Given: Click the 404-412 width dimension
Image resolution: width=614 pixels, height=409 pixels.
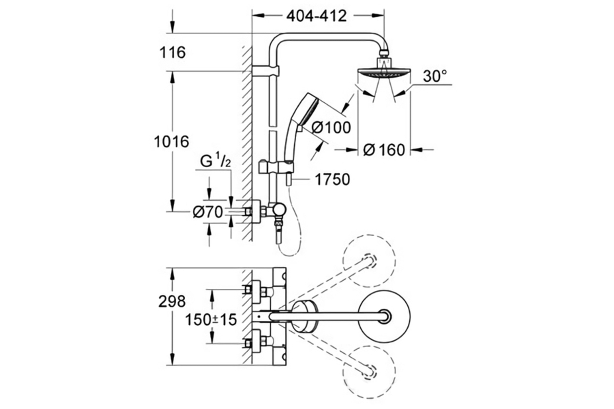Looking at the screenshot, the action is point(316,16).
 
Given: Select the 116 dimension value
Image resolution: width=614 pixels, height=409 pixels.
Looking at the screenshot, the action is point(172,52).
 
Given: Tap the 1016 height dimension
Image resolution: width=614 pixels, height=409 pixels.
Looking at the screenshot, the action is point(171,142).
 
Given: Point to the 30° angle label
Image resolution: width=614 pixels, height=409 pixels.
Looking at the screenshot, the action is point(435,76).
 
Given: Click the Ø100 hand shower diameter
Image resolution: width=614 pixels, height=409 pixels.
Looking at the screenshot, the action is point(331,127).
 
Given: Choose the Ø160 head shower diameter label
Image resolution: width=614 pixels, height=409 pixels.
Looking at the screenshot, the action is point(384,150).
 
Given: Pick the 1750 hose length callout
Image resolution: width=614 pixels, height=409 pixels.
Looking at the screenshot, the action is point(332,180).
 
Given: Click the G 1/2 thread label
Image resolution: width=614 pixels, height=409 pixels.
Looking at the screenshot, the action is point(215,162).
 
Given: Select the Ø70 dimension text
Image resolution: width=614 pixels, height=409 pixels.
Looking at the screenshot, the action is point(208,212).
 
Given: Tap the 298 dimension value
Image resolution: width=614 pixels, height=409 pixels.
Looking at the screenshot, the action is point(172,302).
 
